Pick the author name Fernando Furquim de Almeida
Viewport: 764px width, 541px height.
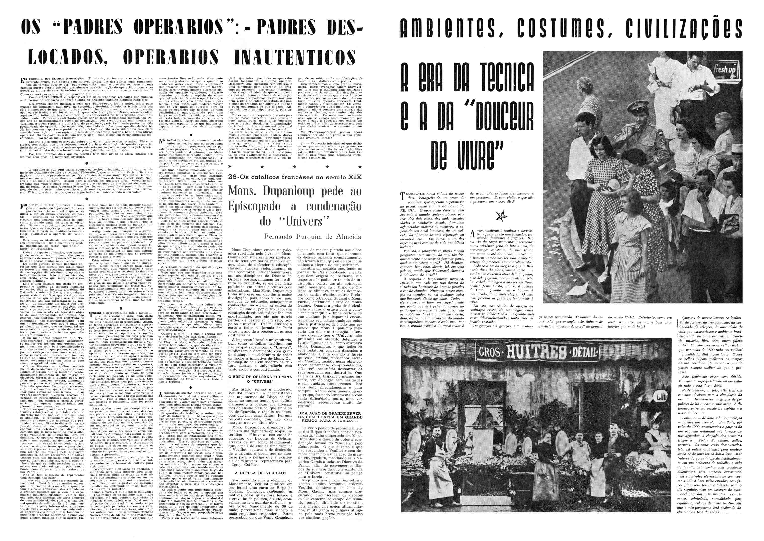[313, 237]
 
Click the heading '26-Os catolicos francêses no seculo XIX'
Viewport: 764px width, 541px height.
[295, 177]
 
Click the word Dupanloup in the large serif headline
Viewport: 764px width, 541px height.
[288, 191]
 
